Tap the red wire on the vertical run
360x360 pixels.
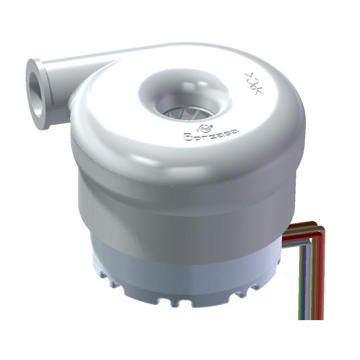click(320, 273)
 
